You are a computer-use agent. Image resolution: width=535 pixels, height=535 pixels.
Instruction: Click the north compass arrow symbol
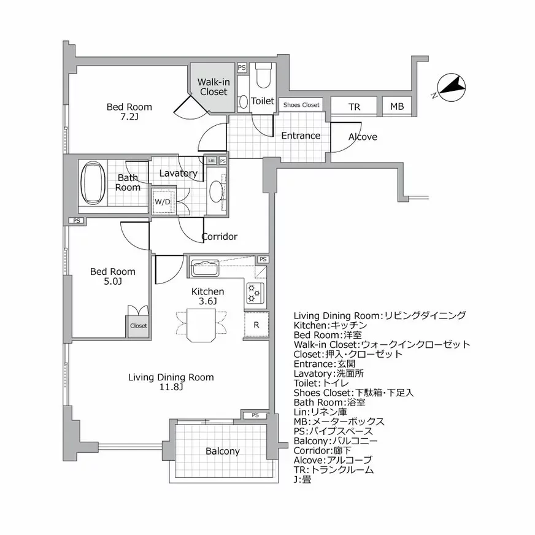point(450,88)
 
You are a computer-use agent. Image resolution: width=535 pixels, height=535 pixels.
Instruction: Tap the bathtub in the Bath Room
point(94,183)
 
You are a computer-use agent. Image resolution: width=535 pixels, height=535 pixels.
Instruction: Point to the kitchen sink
point(205,269)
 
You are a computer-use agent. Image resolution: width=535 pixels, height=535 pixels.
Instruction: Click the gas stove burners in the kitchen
point(255,293)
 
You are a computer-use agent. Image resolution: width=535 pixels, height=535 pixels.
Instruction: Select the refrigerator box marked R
point(256,325)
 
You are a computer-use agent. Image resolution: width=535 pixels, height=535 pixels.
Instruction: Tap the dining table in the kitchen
point(201,324)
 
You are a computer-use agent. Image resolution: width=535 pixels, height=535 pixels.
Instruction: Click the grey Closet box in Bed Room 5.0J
point(138,326)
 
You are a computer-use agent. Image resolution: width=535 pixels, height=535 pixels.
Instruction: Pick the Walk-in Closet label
point(212,87)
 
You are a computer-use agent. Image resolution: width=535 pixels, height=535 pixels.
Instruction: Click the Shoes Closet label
point(301,105)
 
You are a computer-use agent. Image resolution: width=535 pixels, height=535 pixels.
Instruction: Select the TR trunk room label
point(354,107)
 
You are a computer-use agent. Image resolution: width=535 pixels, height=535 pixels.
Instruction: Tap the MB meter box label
point(397,107)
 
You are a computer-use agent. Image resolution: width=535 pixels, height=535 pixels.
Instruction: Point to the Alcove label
point(363,137)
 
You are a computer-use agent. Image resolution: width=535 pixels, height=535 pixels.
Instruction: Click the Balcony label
point(223,451)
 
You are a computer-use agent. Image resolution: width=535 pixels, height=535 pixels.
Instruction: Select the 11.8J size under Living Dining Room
point(171,388)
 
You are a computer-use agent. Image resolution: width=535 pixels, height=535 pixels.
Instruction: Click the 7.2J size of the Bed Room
point(129,117)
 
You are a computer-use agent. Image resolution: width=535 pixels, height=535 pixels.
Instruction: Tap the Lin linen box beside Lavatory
point(211,161)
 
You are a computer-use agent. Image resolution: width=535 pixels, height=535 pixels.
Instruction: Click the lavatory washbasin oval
point(216,191)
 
